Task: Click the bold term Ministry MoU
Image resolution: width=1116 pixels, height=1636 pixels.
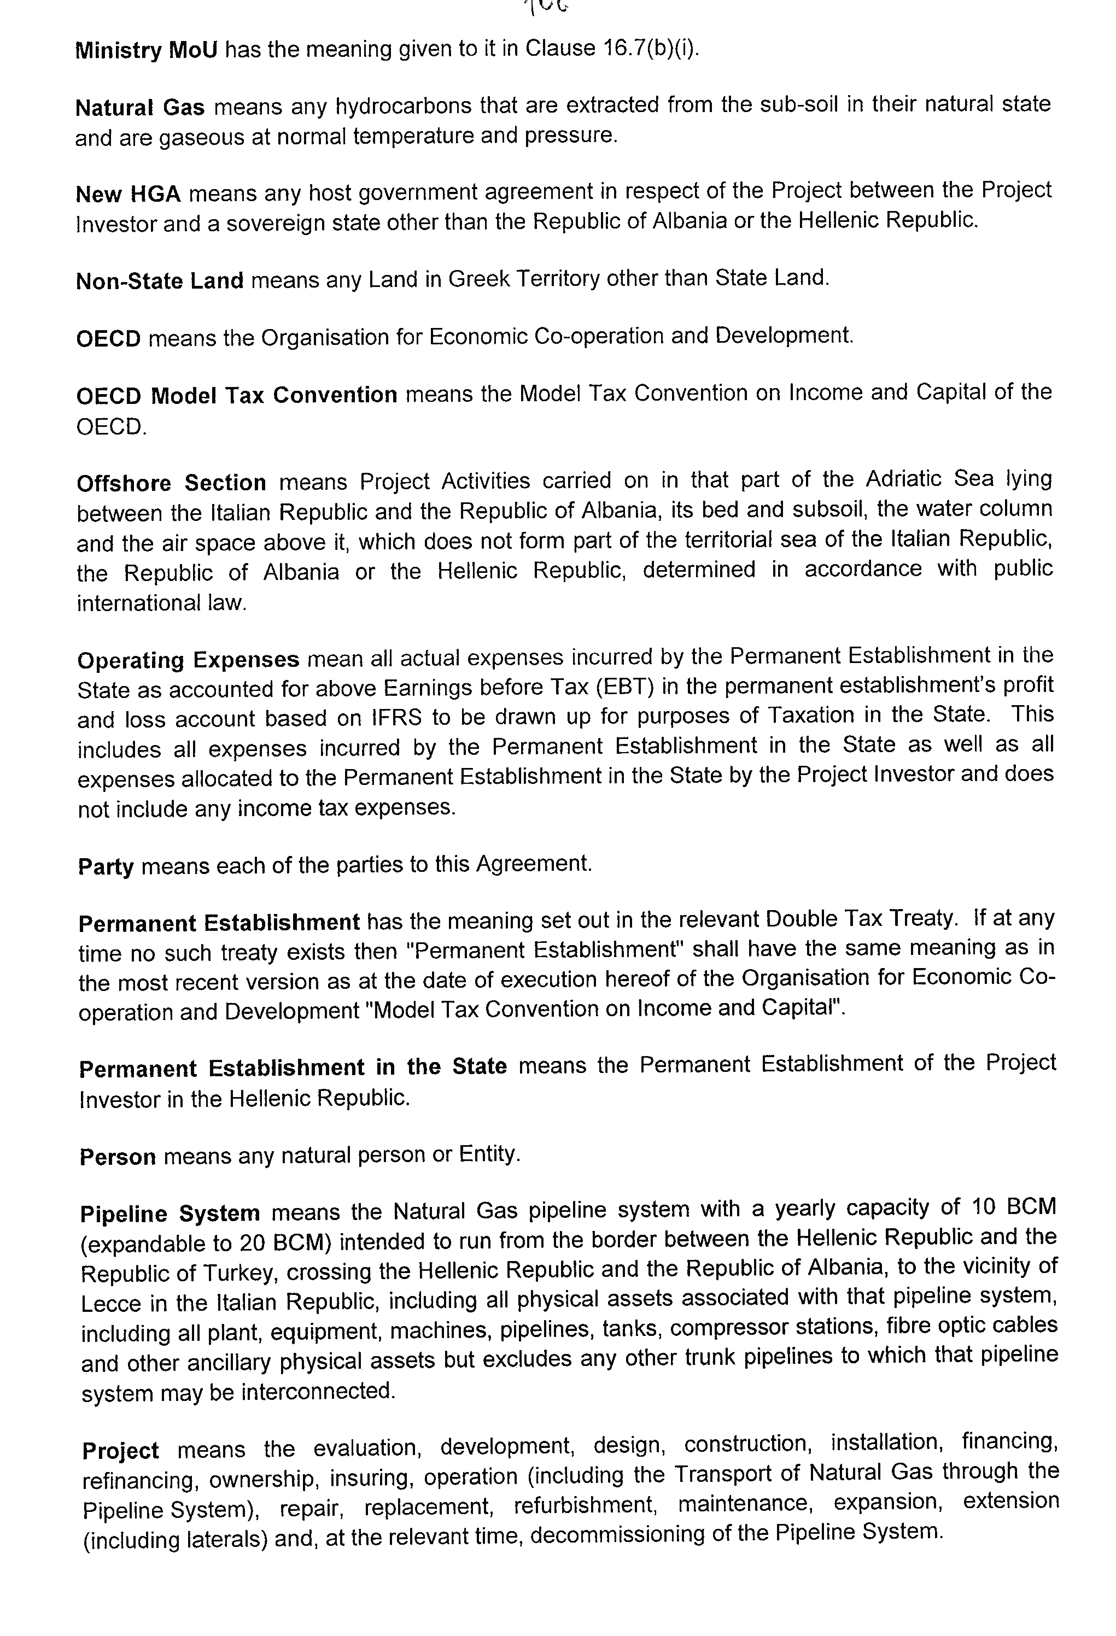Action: point(147,51)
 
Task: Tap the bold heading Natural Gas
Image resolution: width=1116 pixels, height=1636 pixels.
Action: point(139,108)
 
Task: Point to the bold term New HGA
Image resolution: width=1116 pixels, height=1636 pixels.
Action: point(128,193)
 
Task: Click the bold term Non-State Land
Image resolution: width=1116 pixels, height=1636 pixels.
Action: point(159,281)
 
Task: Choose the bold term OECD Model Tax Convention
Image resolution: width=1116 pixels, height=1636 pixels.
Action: point(237,395)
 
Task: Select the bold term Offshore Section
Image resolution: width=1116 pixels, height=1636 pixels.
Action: point(171,483)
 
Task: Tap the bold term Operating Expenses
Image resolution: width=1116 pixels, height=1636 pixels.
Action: point(188,660)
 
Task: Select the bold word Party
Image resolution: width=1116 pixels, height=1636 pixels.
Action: point(106,866)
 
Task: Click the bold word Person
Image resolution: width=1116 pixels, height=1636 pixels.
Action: point(117,1157)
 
